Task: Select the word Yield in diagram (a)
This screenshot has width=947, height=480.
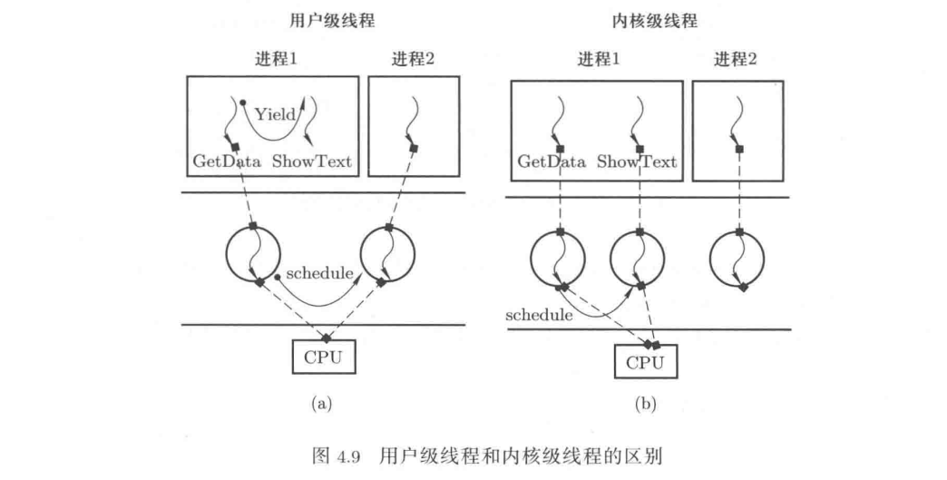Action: (x=275, y=114)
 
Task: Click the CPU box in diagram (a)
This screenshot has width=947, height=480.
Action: (x=323, y=356)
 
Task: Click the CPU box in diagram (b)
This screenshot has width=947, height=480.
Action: (x=647, y=363)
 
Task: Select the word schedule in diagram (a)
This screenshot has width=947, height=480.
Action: (x=318, y=272)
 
